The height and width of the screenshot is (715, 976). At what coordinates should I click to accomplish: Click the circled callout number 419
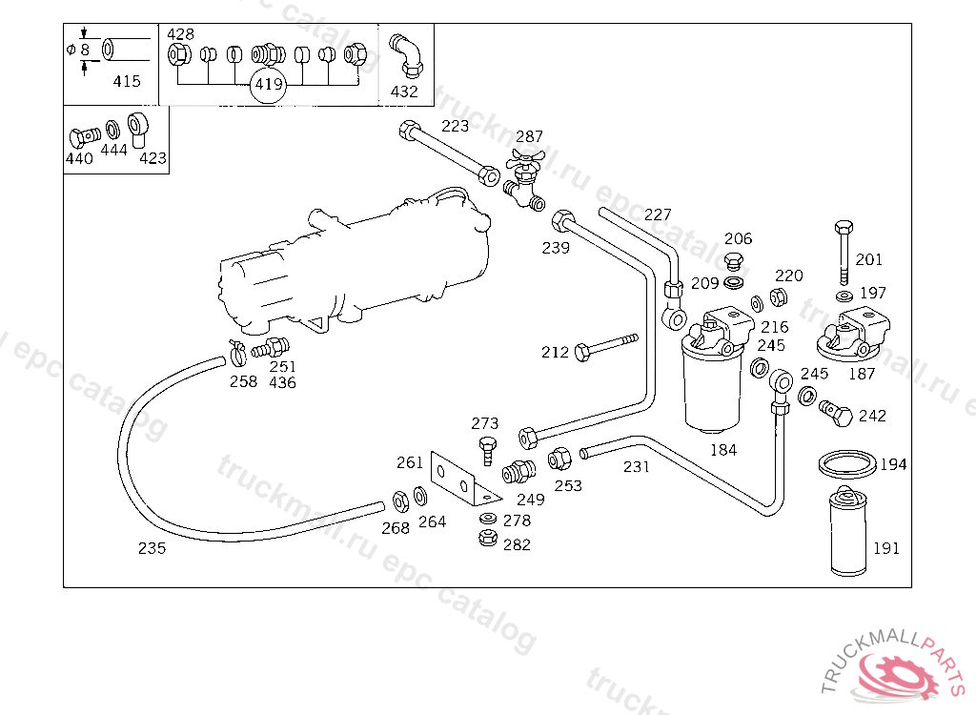(269, 85)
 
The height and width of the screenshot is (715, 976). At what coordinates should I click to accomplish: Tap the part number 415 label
(127, 81)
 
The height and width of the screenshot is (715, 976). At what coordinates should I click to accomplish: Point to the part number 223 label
(455, 126)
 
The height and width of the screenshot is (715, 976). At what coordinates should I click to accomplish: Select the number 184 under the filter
(723, 450)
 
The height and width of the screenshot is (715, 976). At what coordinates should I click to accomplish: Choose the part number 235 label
(152, 548)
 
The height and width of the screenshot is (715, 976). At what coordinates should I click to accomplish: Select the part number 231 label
(636, 467)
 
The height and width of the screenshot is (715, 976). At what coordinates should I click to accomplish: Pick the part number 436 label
(282, 382)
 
